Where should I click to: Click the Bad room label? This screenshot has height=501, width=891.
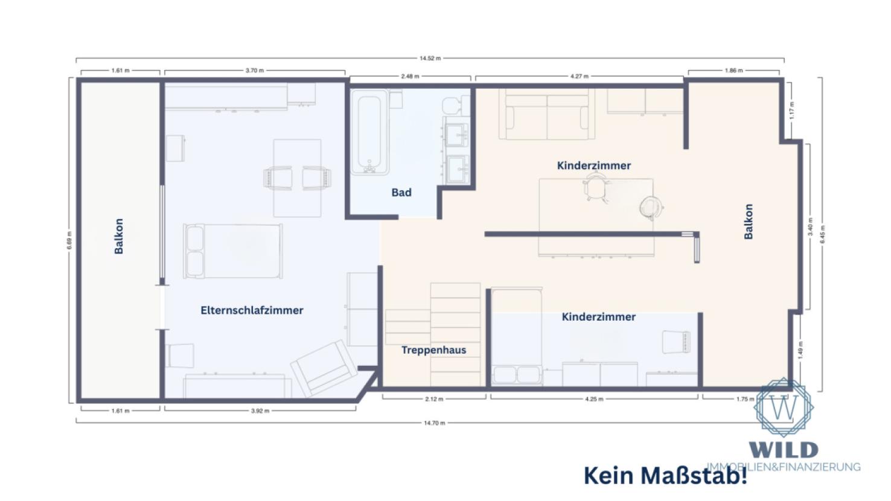click(x=401, y=193)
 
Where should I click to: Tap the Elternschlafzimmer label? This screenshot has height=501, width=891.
click(x=252, y=310)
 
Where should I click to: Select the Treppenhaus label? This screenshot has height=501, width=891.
click(x=433, y=350)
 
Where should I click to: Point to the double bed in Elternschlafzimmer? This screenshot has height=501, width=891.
click(x=233, y=251)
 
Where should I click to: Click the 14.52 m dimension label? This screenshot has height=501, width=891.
click(x=430, y=59)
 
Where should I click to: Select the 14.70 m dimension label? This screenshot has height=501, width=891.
click(x=434, y=423)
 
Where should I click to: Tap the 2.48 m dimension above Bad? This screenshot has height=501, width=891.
click(x=410, y=77)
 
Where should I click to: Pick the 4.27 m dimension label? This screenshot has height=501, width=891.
click(x=580, y=77)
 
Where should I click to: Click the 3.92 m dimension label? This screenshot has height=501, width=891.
click(x=260, y=411)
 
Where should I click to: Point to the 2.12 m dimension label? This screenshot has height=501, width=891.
click(x=434, y=399)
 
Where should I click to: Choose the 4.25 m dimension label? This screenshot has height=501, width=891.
click(x=594, y=399)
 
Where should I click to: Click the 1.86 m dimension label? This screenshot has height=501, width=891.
click(x=733, y=71)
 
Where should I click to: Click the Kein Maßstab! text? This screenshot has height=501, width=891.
click(x=665, y=476)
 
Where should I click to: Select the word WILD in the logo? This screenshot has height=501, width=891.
click(x=784, y=450)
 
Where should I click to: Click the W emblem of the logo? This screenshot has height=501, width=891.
click(x=784, y=407)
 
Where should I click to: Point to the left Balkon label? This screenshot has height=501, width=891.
click(x=119, y=236)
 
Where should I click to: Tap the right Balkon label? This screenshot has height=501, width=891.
click(x=749, y=222)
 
